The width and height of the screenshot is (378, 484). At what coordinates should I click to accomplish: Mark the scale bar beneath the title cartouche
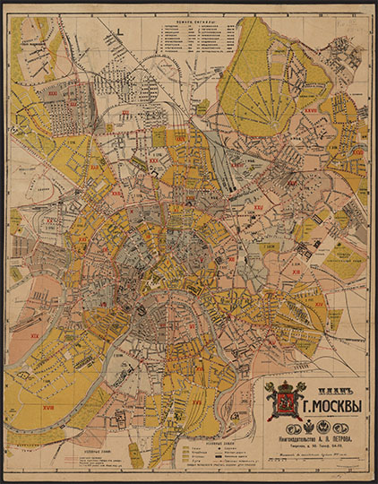314,461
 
